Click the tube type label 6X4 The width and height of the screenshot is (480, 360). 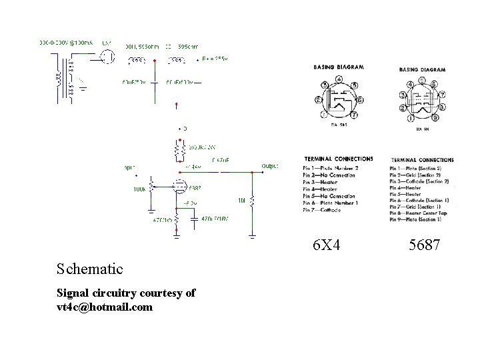click(x=327, y=246)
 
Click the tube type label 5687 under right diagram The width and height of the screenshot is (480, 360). click(x=424, y=246)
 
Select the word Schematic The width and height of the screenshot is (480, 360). click(x=90, y=269)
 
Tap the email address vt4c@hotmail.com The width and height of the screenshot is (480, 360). click(x=105, y=307)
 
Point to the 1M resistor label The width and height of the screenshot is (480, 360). click(x=242, y=201)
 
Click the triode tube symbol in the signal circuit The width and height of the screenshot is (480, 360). click(x=179, y=186)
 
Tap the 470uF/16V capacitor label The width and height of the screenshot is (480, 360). click(x=207, y=218)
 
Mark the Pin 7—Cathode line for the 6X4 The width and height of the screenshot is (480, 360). click(x=323, y=210)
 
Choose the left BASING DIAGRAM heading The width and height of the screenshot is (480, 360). click(x=339, y=68)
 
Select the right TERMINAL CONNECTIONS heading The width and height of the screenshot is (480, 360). click(x=422, y=160)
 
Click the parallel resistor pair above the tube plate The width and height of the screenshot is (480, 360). click(x=178, y=151)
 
